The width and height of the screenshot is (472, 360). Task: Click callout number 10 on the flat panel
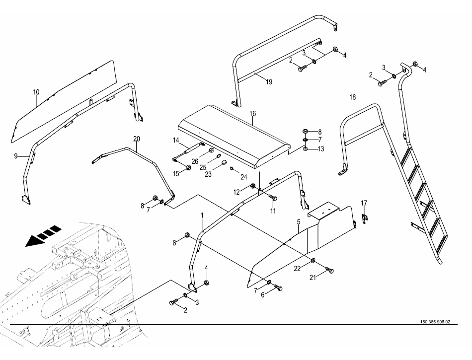pyautogui.click(x=36, y=92)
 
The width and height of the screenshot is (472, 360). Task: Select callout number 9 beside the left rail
pyautogui.click(x=16, y=155)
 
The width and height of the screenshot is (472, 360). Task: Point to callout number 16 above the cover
pyautogui.click(x=252, y=114)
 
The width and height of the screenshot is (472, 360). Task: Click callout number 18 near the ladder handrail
pyautogui.click(x=352, y=97)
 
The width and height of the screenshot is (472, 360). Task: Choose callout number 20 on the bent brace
pyautogui.click(x=137, y=139)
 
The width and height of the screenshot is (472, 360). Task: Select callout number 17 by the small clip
pyautogui.click(x=364, y=203)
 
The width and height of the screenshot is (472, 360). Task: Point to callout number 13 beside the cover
pyautogui.click(x=321, y=148)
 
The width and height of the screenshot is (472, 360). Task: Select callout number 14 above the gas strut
pyautogui.click(x=176, y=141)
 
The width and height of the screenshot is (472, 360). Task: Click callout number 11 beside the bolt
pyautogui.click(x=273, y=211)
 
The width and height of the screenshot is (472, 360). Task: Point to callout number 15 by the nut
pyautogui.click(x=176, y=173)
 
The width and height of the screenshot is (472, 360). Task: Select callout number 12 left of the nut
pyautogui.click(x=237, y=192)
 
